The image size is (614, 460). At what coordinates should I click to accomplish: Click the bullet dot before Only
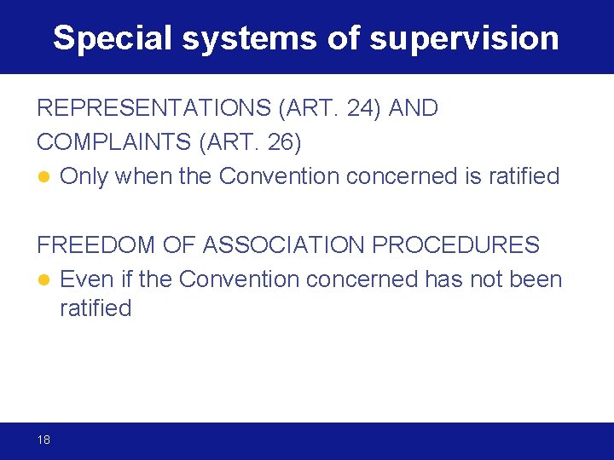pos(43,177)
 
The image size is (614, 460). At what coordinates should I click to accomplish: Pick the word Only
pos(84,176)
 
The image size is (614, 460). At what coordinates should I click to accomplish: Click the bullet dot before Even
pos(43,280)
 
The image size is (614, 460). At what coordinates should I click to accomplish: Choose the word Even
pos(85,279)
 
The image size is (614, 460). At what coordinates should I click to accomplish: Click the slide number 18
pos(43,440)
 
